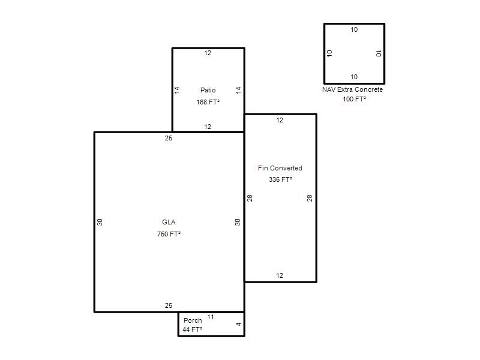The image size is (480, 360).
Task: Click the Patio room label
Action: tap(208, 90)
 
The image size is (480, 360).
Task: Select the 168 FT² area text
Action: tap(208, 102)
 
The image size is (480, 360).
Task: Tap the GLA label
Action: tap(169, 222)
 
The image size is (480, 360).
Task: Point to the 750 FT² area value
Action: tap(169, 234)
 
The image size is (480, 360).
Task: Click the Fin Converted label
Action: tap(280, 168)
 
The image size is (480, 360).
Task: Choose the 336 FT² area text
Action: tap(280, 179)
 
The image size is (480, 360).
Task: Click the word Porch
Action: tap(193, 320)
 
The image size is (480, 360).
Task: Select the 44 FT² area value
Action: tap(192, 329)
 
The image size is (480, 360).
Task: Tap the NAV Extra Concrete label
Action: tap(352, 89)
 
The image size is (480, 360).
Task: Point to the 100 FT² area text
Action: tap(354, 99)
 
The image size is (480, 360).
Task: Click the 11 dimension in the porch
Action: tap(211, 317)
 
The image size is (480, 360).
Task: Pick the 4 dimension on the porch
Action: tap(238, 324)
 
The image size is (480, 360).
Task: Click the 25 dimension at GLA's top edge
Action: tap(169, 138)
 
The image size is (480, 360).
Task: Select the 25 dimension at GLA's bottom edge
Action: tap(169, 305)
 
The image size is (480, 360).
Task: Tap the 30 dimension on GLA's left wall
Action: tap(100, 222)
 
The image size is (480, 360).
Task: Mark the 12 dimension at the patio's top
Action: tap(208, 53)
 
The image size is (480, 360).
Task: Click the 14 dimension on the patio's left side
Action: tap(177, 90)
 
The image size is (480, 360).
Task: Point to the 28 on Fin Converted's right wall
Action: tap(310, 198)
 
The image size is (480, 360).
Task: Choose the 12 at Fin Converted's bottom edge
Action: tap(280, 275)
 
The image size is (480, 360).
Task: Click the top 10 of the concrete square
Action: tap(354, 29)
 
